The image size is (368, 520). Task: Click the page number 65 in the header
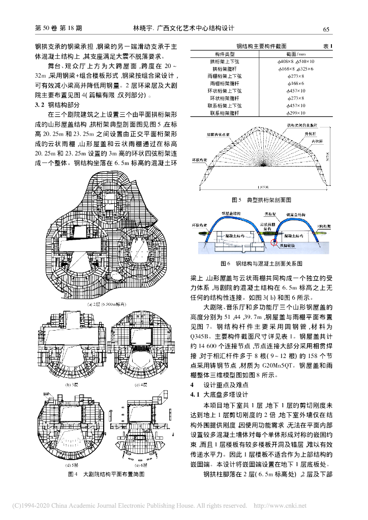[x=327, y=29]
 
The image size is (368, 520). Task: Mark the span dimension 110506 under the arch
[x=263, y=186]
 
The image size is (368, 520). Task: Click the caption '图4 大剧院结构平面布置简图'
[x=107, y=473]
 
